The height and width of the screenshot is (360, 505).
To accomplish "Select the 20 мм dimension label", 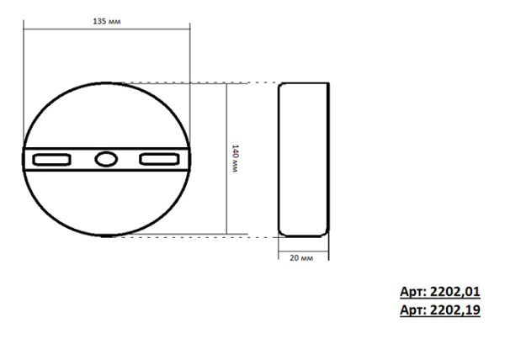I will point(301,257).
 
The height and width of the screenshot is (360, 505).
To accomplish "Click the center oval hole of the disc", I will point(105,158).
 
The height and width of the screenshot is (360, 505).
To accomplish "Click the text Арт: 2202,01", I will point(439,292).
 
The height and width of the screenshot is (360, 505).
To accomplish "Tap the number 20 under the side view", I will point(295,257).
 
